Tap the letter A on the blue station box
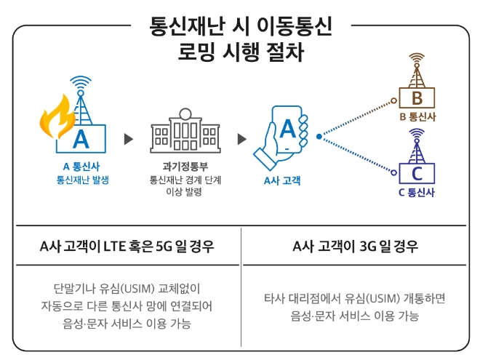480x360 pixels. pyautogui.click(x=81, y=138)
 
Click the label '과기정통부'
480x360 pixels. pyautogui.click(x=184, y=165)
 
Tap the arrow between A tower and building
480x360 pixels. pyautogui.click(x=129, y=139)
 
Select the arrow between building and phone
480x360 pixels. pyautogui.click(x=241, y=139)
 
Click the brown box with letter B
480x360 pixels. pyautogui.click(x=417, y=97)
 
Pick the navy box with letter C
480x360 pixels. pyautogui.click(x=417, y=172)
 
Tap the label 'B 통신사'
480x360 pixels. pyautogui.click(x=417, y=116)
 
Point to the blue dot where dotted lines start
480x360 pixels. pyautogui.click(x=319, y=135)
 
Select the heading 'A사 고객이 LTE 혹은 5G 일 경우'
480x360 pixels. pyautogui.click(x=127, y=247)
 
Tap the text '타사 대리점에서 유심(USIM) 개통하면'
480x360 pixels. pyautogui.click(x=354, y=298)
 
